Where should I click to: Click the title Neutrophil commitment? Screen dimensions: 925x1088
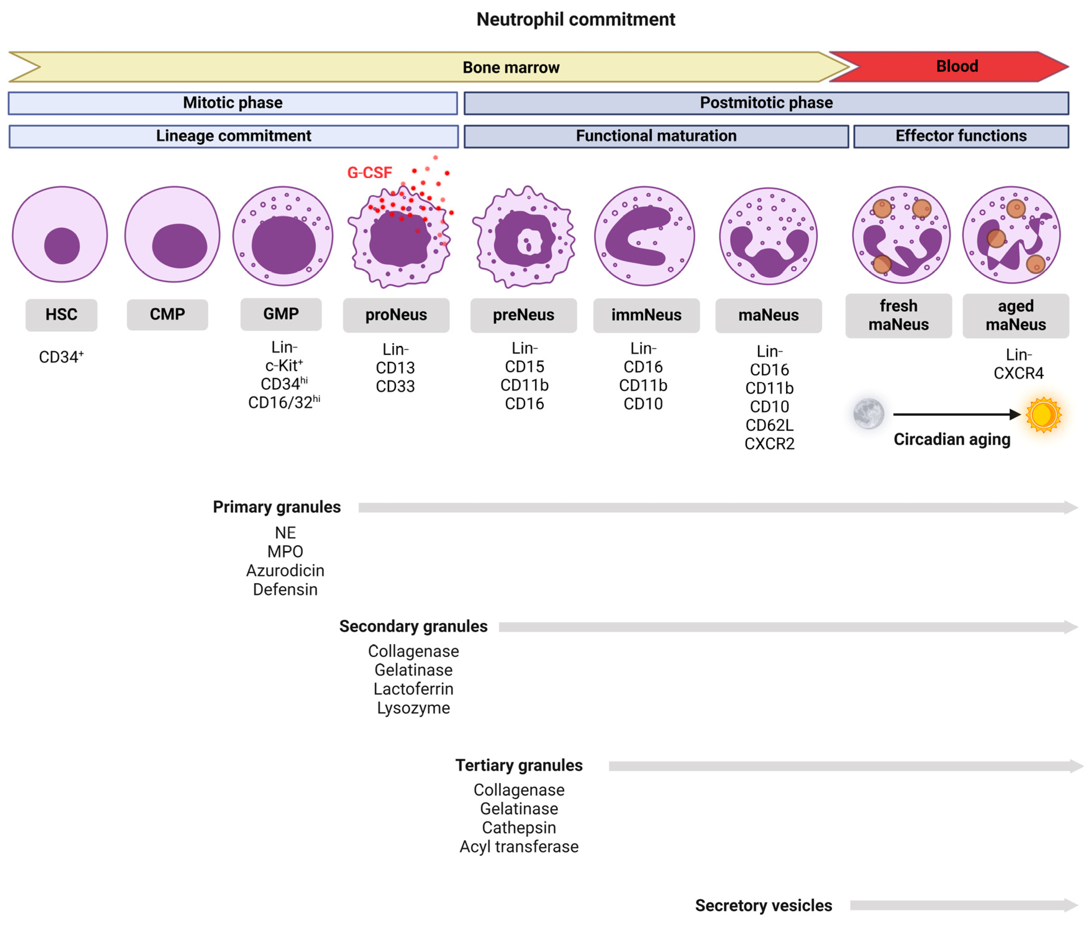click(575, 19)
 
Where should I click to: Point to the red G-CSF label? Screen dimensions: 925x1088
click(369, 173)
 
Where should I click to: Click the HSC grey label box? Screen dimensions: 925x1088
click(61, 314)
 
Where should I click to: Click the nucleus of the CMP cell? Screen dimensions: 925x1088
click(179, 246)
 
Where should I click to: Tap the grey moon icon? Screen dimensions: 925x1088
click(868, 414)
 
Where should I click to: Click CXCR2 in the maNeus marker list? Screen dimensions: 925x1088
click(769, 444)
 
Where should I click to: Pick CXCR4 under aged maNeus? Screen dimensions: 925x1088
click(1018, 373)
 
